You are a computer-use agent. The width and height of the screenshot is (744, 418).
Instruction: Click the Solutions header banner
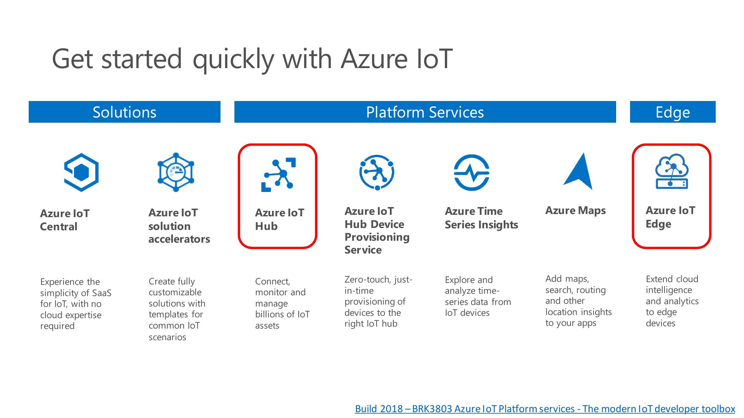click(124, 112)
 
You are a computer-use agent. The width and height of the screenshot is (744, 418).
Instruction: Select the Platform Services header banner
click(425, 112)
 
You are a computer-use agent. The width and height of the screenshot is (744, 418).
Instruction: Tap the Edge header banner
click(673, 112)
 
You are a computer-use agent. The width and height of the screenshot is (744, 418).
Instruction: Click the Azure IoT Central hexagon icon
click(81, 172)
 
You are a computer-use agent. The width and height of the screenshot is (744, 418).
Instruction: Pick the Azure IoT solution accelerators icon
click(176, 172)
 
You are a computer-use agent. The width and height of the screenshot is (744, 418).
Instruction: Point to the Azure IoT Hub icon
click(279, 175)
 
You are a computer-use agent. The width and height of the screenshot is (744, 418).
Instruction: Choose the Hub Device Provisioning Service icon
click(377, 172)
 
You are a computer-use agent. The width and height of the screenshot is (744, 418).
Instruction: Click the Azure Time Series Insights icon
click(472, 173)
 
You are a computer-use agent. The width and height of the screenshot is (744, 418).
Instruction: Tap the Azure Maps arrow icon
click(579, 171)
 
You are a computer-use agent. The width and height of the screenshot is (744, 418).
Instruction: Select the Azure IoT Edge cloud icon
click(672, 171)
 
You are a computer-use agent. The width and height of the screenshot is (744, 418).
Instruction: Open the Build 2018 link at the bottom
click(545, 409)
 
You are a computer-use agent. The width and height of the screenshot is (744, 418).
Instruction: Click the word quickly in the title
click(234, 59)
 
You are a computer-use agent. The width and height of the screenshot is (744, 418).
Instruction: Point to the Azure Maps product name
click(575, 211)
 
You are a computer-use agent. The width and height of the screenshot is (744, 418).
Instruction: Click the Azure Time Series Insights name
click(481, 218)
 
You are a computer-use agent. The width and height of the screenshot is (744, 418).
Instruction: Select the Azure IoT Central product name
click(65, 220)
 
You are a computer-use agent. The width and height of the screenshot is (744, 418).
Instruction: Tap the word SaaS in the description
click(102, 293)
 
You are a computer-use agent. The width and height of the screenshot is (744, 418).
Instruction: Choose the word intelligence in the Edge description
click(669, 290)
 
